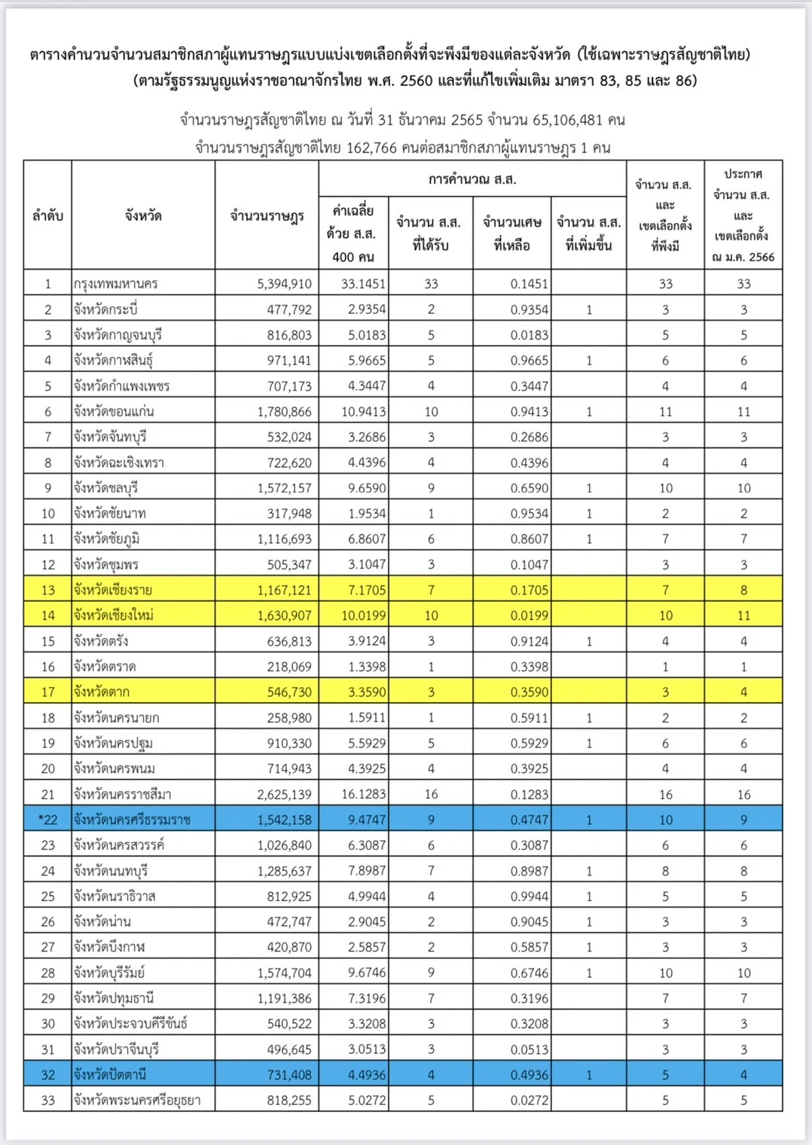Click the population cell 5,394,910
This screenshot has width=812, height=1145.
tap(284, 284)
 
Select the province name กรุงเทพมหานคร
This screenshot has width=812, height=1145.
tap(116, 284)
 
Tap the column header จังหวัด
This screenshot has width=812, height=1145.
tap(143, 216)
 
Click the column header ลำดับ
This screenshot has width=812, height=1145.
tap(47, 216)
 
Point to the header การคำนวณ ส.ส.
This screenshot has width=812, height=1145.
tap(472, 179)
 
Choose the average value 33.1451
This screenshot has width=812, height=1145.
tap(363, 284)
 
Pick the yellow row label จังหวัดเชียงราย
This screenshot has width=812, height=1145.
tap(113, 590)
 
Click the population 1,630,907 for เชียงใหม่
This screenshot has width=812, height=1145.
tap(284, 615)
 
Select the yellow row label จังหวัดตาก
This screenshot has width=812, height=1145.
tap(102, 692)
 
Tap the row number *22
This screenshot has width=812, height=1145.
tap(47, 820)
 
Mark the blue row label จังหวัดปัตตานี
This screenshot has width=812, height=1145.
tap(110, 1075)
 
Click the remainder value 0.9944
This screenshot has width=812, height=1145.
tap(530, 896)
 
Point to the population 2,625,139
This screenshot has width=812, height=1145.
tap(284, 794)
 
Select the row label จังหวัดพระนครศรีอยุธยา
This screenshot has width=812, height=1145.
tap(137, 1101)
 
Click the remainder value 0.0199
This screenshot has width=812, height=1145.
tap(530, 615)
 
